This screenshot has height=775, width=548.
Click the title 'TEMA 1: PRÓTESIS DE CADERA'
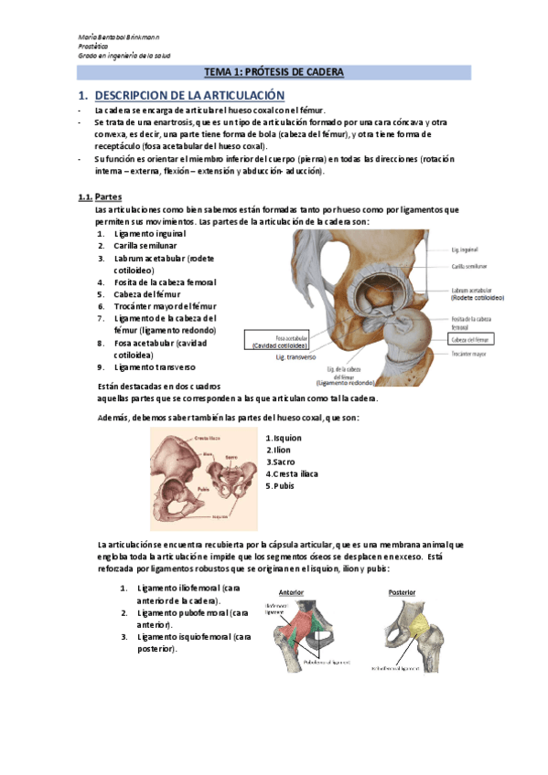tap(274, 72)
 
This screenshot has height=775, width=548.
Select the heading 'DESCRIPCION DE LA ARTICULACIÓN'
tap(189, 96)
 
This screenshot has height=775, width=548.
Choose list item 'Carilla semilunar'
tap(152, 247)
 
